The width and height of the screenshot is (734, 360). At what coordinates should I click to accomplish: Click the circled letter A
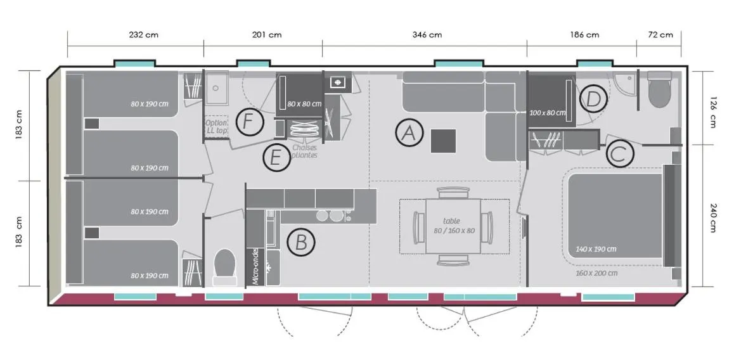tap(409, 133)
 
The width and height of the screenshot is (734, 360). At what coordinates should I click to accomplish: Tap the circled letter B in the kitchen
tap(301, 242)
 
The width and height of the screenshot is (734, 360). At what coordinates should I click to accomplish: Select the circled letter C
tap(621, 153)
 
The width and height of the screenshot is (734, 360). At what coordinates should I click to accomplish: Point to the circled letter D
tap(593, 100)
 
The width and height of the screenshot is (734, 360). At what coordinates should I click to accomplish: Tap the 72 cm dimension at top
tap(660, 35)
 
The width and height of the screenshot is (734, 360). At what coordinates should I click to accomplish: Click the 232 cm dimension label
tap(143, 35)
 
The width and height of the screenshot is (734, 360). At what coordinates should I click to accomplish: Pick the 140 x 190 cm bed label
tap(596, 249)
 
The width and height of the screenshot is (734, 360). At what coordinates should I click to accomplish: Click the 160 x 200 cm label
tap(596, 273)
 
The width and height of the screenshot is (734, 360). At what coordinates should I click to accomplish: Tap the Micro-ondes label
tap(255, 266)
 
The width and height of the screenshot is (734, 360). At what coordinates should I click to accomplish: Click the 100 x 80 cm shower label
tap(547, 113)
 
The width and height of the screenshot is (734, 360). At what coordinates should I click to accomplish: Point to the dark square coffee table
tap(443, 141)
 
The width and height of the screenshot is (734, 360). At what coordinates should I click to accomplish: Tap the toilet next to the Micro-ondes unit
tap(224, 267)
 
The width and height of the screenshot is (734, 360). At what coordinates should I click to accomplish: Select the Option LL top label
tap(216, 126)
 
